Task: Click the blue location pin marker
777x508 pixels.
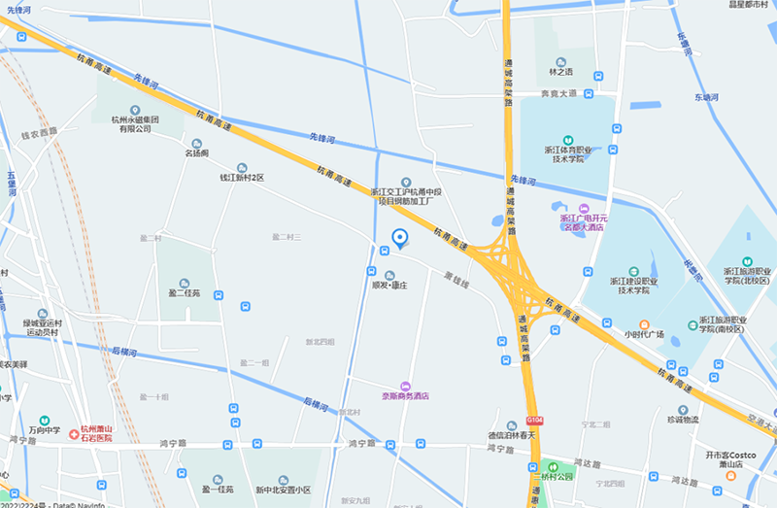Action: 397,237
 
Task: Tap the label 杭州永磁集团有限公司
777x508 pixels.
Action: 134,123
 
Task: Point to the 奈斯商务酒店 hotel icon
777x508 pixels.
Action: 405,386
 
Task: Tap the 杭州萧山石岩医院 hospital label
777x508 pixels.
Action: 96,433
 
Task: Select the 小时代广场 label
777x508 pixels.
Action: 644,334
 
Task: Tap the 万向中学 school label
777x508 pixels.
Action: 44,429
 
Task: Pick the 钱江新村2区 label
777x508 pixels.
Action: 242,178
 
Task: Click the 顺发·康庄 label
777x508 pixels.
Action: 389,286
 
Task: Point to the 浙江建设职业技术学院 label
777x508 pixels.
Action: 633,285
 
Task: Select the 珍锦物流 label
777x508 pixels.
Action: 683,420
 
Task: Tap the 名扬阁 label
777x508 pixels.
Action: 197,152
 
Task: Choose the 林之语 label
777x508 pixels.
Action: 561,71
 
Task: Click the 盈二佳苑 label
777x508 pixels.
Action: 184,292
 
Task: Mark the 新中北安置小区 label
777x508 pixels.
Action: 283,491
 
